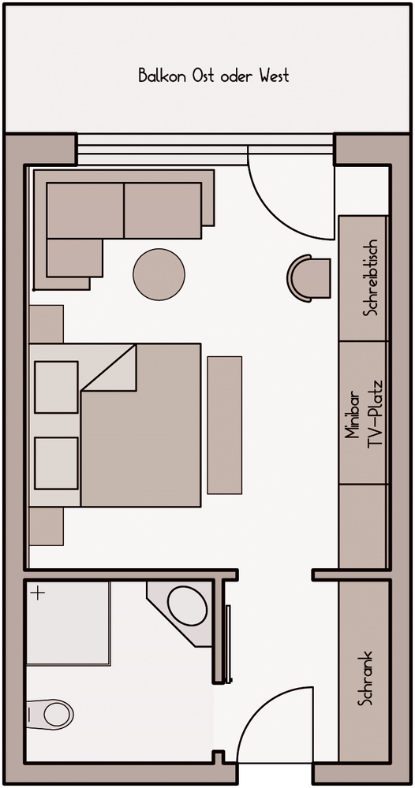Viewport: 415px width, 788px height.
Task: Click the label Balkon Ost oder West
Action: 214,76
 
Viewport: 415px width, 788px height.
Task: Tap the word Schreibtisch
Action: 372,277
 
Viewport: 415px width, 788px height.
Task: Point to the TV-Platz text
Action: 375,414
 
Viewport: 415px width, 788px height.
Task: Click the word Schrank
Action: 365,678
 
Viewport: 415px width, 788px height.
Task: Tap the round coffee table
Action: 159,274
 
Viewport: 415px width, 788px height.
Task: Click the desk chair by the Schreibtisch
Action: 308,278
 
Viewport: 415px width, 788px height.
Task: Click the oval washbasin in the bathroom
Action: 187,605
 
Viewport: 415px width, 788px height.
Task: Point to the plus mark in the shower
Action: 38,593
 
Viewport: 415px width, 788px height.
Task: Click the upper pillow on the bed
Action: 56,387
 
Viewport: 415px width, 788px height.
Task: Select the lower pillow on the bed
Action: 56,463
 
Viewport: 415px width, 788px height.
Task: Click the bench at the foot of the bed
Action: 224,425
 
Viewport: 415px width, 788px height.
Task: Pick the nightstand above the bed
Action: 47,324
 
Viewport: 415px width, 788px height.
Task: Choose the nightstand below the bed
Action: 47,526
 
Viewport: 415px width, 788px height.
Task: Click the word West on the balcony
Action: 274,76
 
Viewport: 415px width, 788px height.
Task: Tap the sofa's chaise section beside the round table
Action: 74,258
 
